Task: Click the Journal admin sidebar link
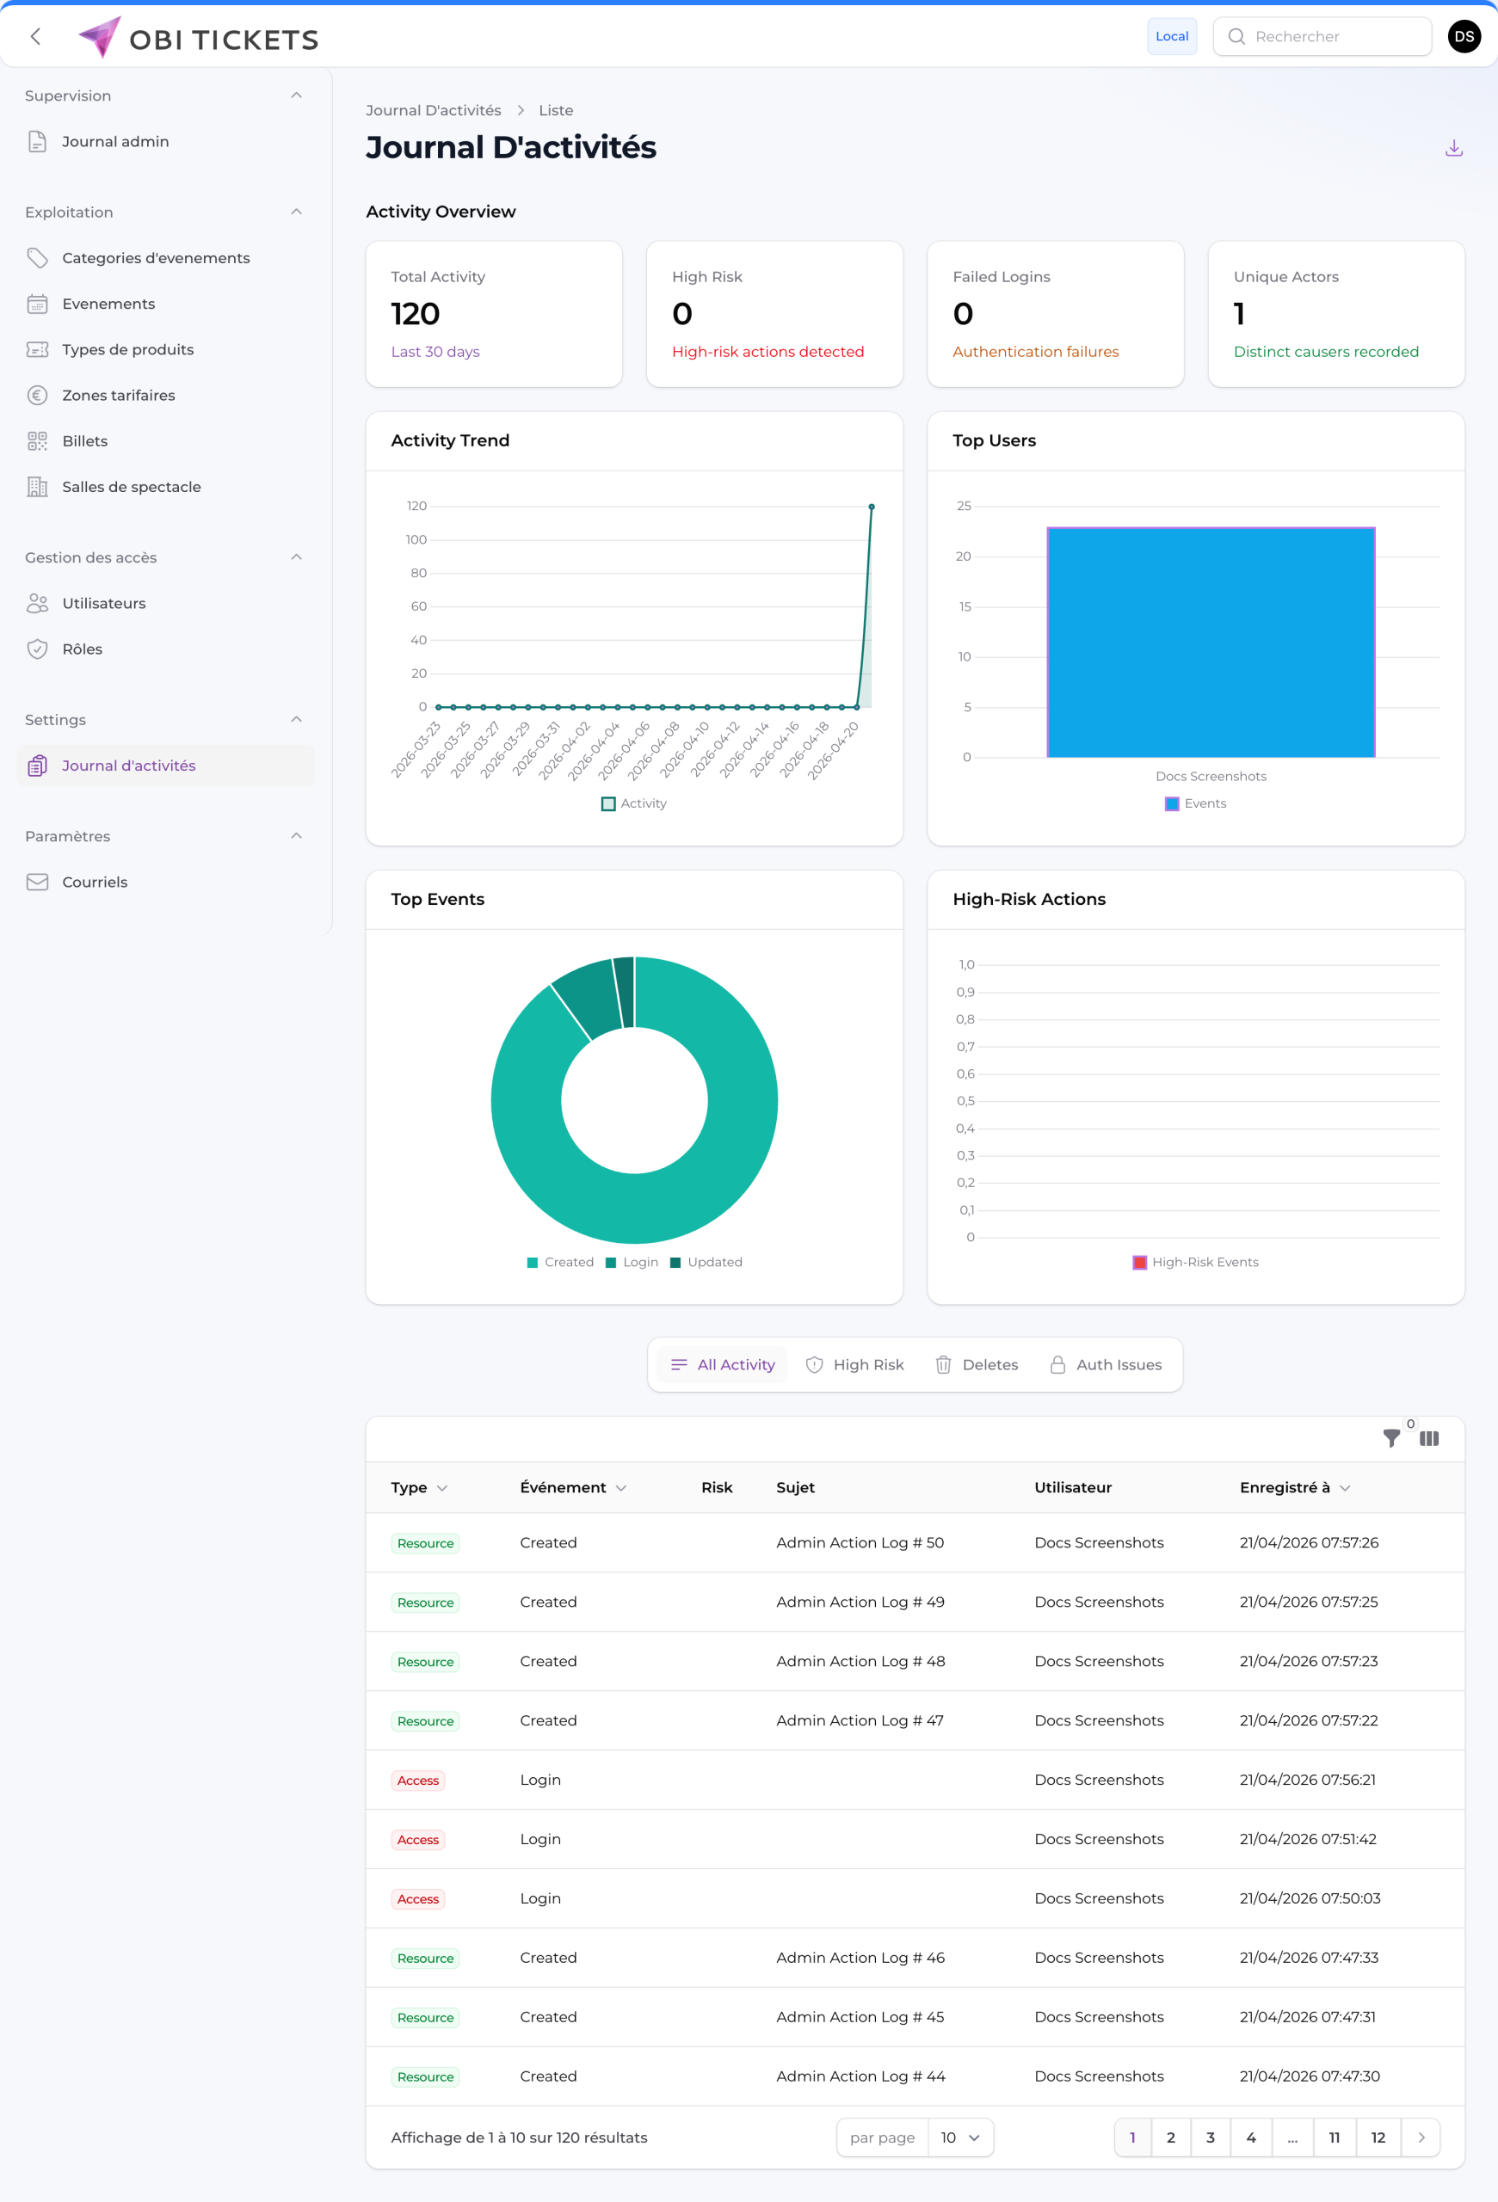click(x=114, y=141)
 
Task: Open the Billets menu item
click(x=84, y=440)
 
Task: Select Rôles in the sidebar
click(x=82, y=649)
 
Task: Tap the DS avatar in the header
click(x=1463, y=36)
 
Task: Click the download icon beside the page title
click(x=1453, y=148)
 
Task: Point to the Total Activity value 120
click(x=415, y=314)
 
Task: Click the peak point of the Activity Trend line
click(x=872, y=507)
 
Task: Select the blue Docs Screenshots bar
click(x=1210, y=642)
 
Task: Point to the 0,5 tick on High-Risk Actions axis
click(x=965, y=1101)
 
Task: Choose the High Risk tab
click(x=854, y=1364)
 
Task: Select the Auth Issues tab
click(x=1106, y=1364)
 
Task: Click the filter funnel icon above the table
click(x=1390, y=1438)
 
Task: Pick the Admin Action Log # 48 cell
click(x=860, y=1661)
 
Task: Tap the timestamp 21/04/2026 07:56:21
click(x=1307, y=1780)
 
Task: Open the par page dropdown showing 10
click(x=960, y=2137)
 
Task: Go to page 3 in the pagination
click(x=1210, y=2137)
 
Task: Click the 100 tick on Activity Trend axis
click(x=416, y=540)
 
